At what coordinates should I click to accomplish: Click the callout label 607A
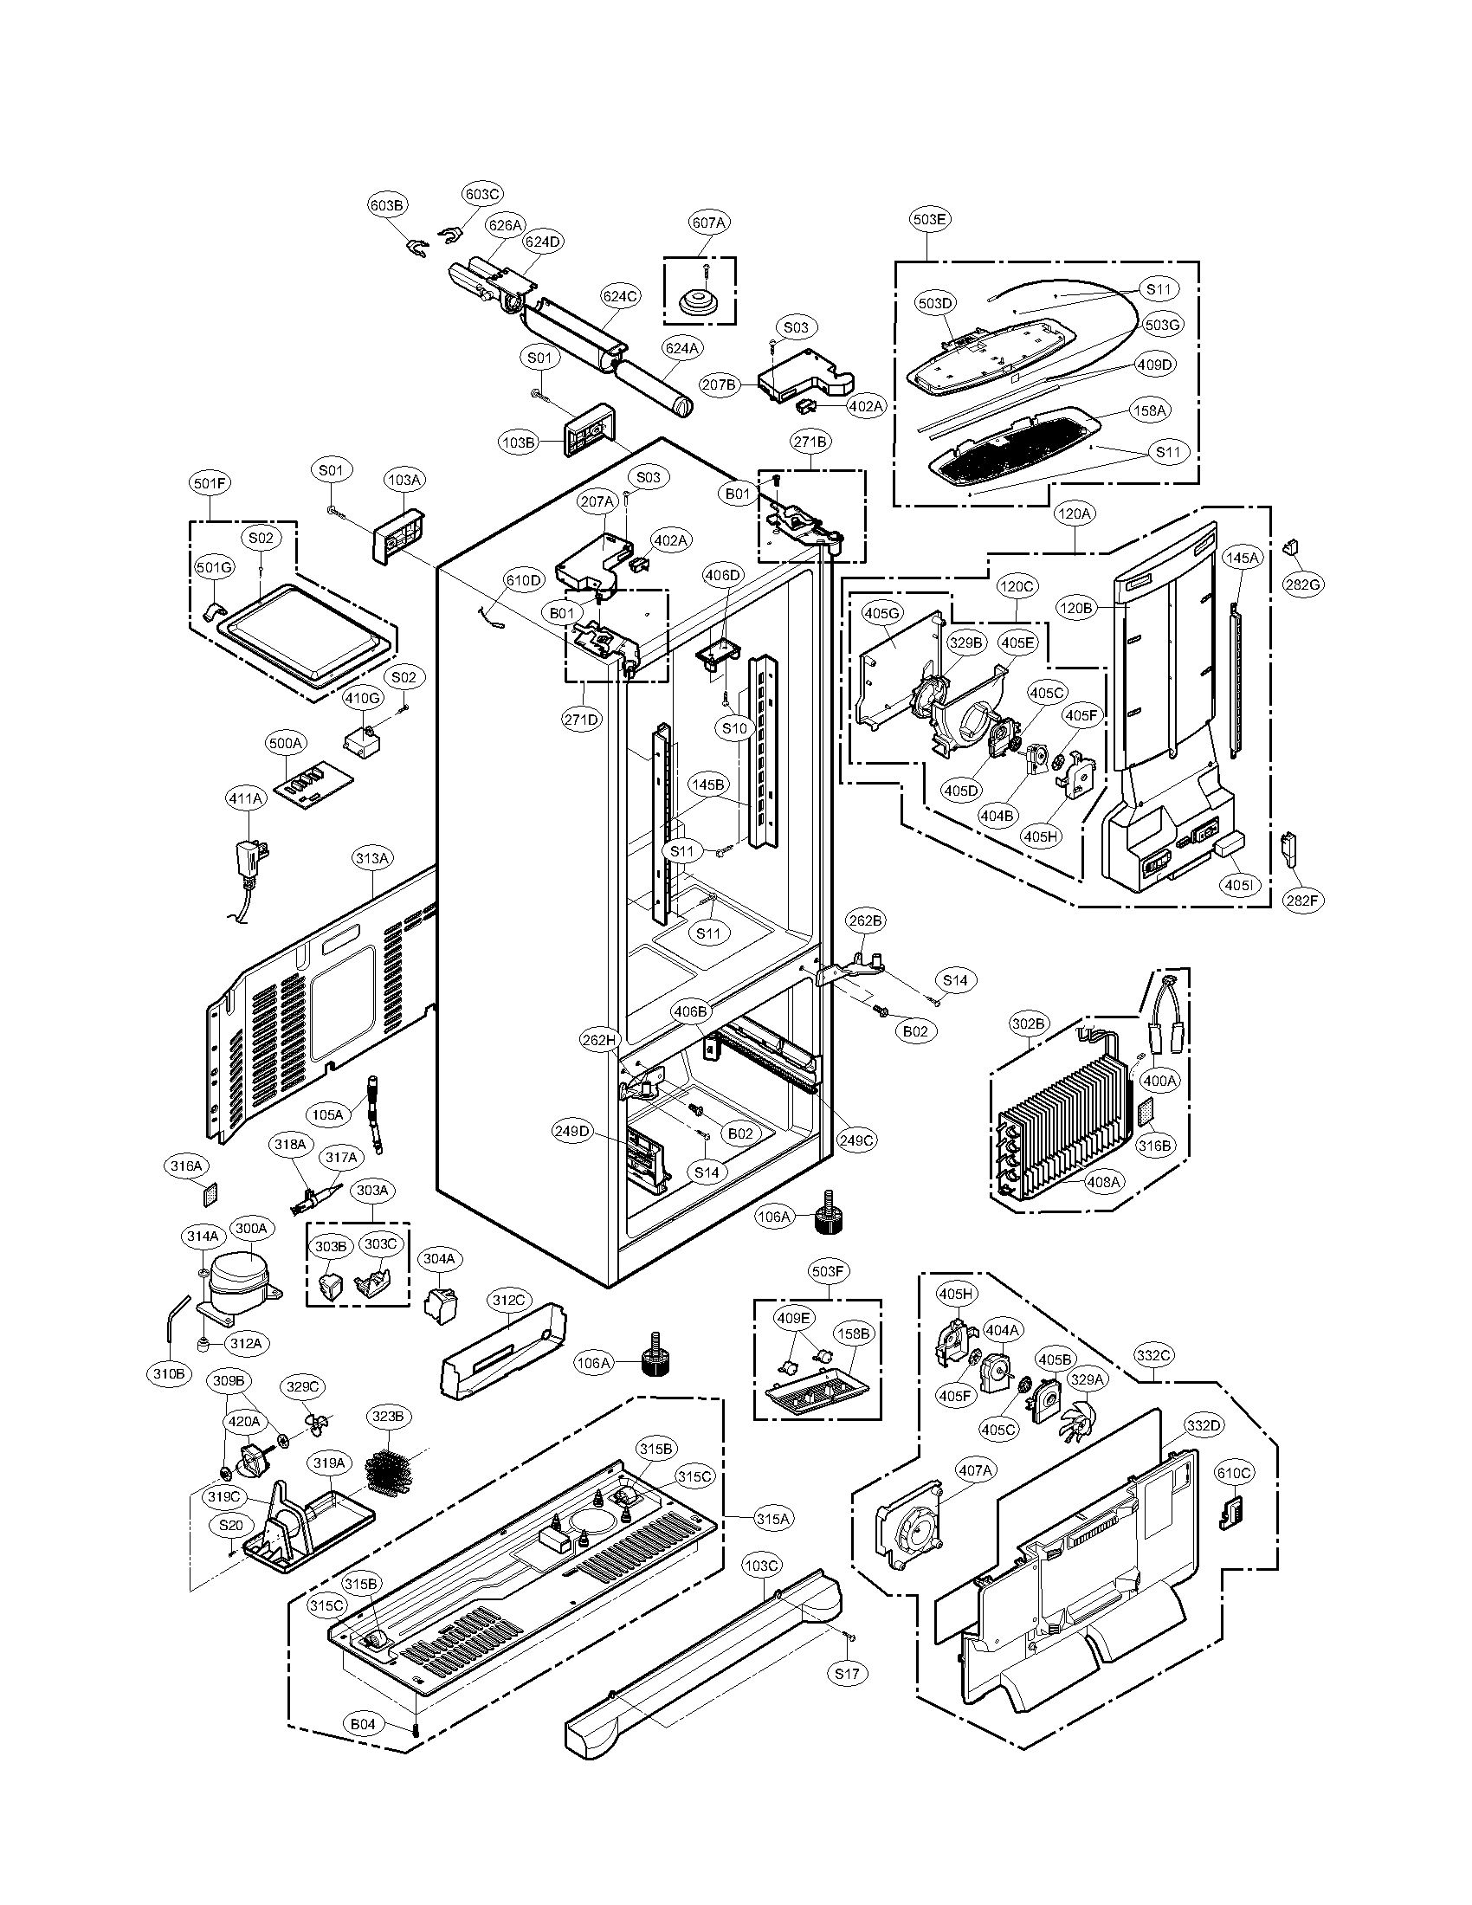(x=708, y=223)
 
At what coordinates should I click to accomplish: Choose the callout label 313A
(x=371, y=859)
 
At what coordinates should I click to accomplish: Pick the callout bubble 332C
(x=1152, y=1355)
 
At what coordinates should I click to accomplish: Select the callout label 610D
(x=524, y=580)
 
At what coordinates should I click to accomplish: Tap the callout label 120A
(x=1075, y=514)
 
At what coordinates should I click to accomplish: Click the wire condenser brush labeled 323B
(x=387, y=1472)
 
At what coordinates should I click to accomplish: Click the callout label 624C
(x=620, y=296)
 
